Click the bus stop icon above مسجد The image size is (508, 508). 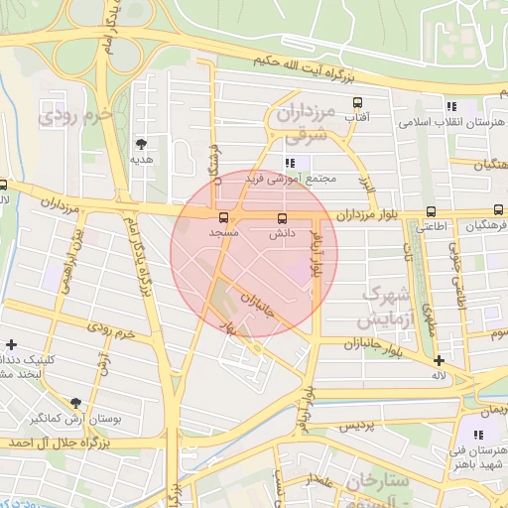click(221, 217)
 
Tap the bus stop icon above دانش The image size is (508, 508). click(282, 217)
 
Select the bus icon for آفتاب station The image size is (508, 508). click(358, 102)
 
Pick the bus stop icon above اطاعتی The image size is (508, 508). click(431, 211)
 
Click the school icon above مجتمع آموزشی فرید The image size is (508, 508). click(290, 164)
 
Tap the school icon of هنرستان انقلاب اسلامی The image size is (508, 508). click(452, 107)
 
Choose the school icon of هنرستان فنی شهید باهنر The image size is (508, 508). click(479, 435)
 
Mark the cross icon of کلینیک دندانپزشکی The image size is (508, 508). click(11, 343)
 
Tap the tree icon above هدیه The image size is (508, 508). click(141, 144)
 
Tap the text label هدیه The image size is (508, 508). click(141, 159)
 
